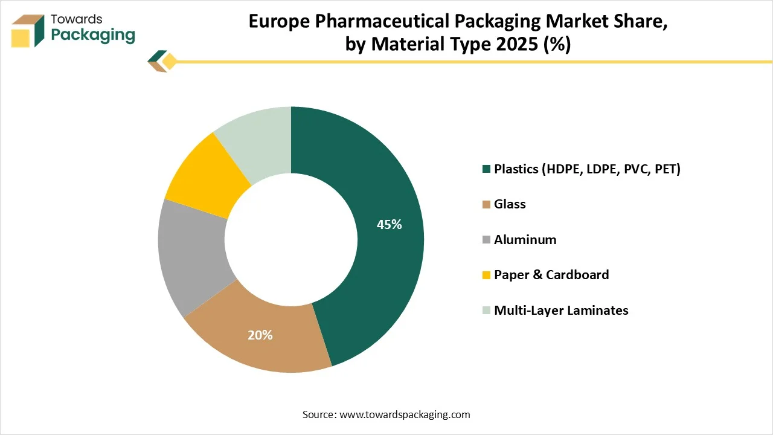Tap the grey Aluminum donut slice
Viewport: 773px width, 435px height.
pos(190,254)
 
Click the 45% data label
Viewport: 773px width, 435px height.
pos(389,225)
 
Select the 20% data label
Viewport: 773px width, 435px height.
pos(260,335)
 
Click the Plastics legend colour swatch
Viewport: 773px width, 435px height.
pos(486,169)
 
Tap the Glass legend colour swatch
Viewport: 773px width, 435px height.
pos(486,205)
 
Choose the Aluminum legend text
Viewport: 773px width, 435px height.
pos(525,240)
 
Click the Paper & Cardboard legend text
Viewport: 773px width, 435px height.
pos(551,275)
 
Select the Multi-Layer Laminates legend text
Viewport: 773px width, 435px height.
pos(561,311)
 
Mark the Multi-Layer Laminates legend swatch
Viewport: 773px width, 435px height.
pos(486,311)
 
